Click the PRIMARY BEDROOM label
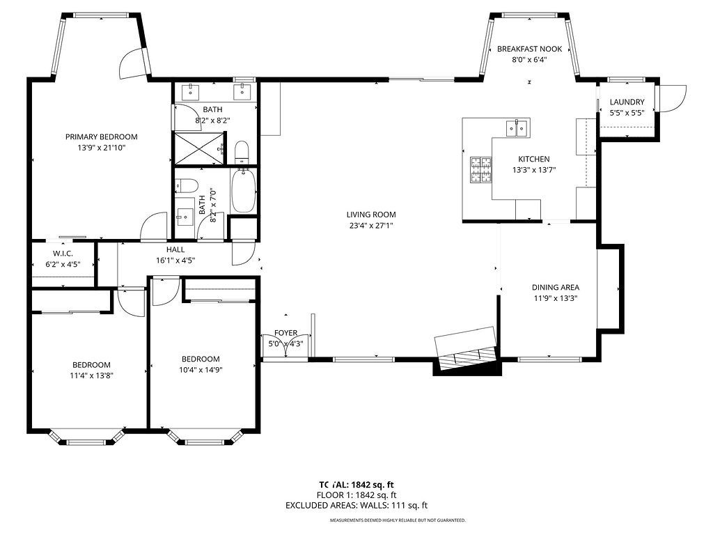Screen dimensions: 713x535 click(102, 137)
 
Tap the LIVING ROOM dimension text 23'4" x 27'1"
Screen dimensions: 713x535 click(371, 225)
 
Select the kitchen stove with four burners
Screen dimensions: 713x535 click(480, 170)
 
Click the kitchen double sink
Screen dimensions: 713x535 click(517, 128)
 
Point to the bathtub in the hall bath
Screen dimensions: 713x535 click(244, 190)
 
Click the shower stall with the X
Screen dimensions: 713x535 click(200, 148)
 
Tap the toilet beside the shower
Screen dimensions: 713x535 click(242, 153)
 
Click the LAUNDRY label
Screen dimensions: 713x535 click(627, 102)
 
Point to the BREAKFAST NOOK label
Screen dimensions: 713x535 click(529, 49)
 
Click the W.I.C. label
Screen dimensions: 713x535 click(63, 254)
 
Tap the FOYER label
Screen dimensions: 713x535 click(285, 333)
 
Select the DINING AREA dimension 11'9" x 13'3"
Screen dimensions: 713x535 click(555, 298)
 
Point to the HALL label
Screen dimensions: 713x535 click(175, 249)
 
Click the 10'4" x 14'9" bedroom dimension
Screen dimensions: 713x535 click(201, 370)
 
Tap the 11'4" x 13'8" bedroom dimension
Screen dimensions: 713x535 click(91, 375)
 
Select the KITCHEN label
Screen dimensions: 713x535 click(534, 159)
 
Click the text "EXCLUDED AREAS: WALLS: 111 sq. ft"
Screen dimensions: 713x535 click(356, 506)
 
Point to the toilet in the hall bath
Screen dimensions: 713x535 click(187, 185)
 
